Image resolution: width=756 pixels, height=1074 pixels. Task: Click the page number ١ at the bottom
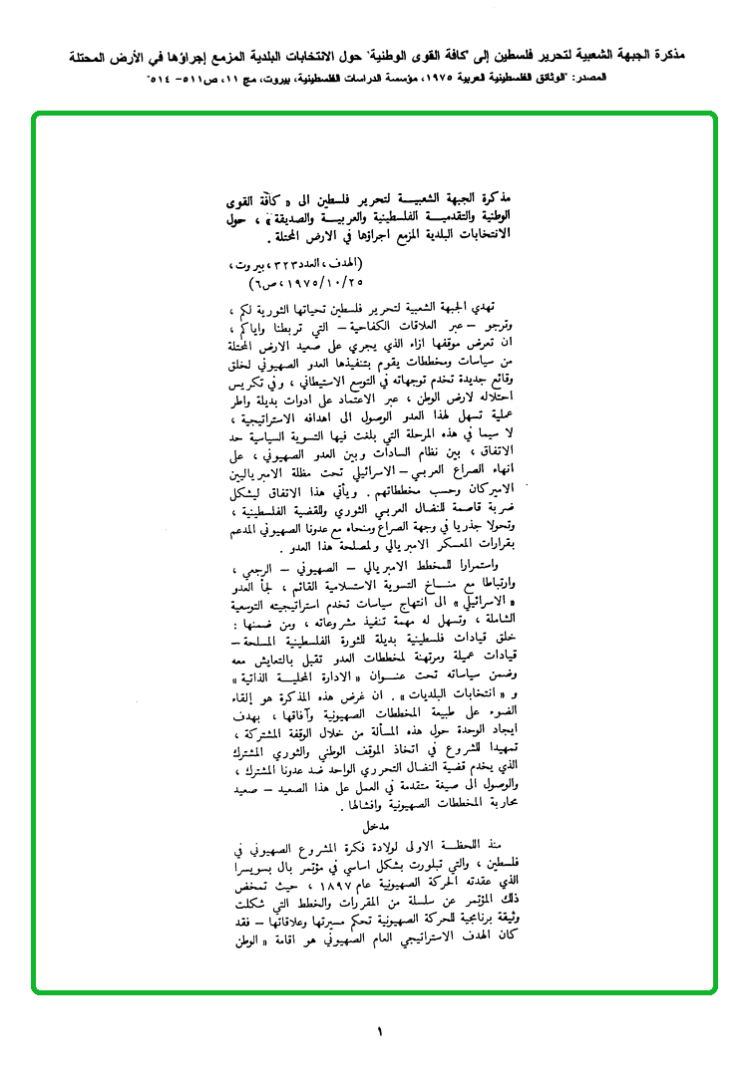point(379,1033)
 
